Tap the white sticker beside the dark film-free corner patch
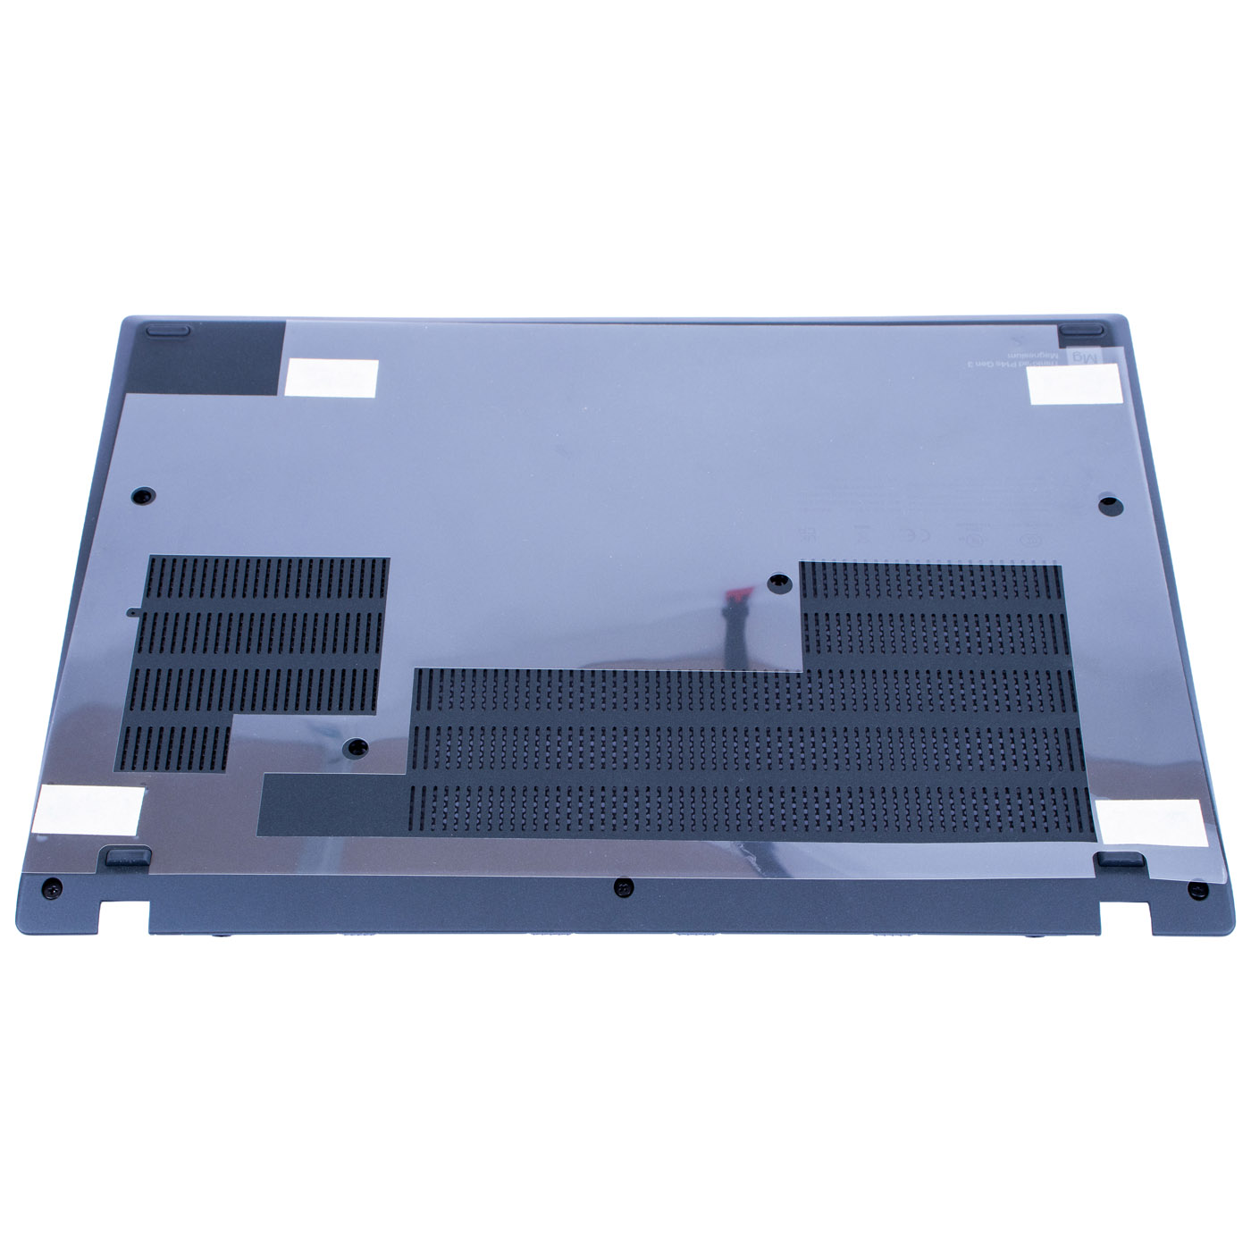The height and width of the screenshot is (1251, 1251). (x=332, y=377)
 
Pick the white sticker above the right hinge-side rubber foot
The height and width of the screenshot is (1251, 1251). (x=1151, y=822)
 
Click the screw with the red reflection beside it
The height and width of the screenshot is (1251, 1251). (x=780, y=584)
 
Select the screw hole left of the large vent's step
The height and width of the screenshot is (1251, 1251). (x=357, y=745)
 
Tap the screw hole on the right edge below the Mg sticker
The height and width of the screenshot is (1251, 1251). (x=1107, y=502)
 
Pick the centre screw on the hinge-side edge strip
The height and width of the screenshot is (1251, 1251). (x=625, y=887)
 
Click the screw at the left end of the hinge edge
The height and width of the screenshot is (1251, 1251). (x=53, y=887)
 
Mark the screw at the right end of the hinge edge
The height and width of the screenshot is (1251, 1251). (x=1197, y=890)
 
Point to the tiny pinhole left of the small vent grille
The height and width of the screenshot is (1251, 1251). (x=132, y=613)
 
